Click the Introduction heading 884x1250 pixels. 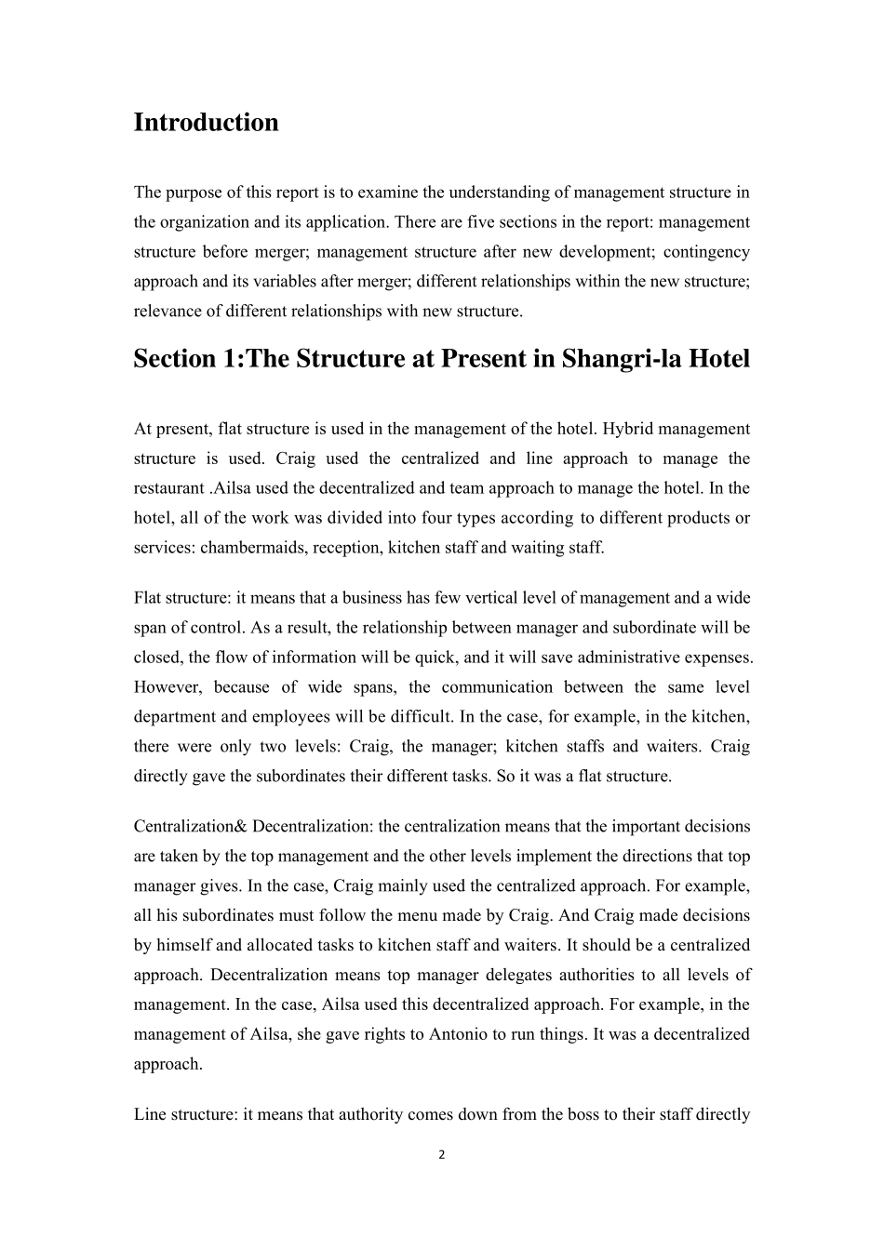[206, 123]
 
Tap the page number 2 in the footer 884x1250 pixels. [442, 1155]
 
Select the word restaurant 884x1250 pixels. [168, 488]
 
